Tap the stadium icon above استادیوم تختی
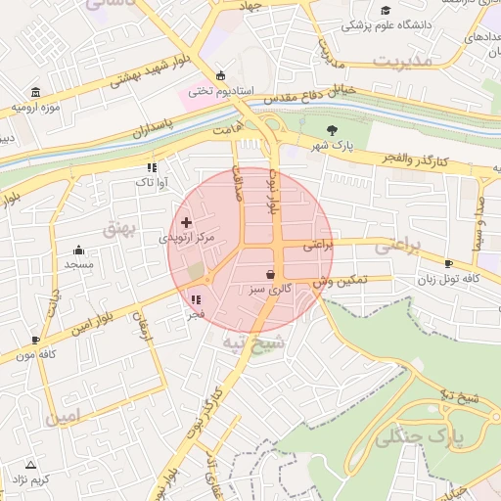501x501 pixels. coord(220,76)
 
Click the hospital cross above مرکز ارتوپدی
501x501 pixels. coord(187,223)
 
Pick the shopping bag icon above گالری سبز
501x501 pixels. coord(270,275)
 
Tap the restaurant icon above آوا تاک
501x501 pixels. coord(151,167)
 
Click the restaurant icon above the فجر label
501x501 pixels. coord(196,300)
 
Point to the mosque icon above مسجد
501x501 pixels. coord(78,250)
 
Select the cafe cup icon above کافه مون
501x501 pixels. coord(36,341)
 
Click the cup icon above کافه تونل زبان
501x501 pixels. coord(448,263)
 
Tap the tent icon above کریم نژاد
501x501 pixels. coord(30,465)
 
